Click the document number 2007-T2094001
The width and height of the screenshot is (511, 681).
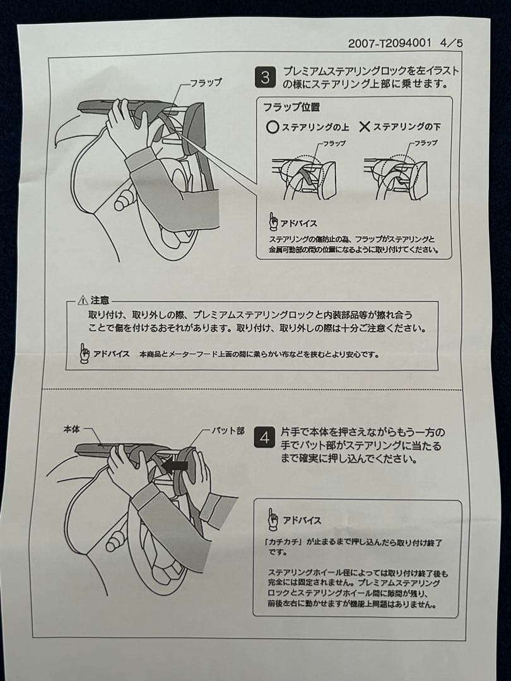(x=389, y=43)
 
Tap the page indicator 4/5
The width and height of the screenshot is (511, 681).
(x=452, y=43)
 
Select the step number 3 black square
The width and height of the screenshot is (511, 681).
(x=264, y=78)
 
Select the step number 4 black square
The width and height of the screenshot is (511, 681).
(x=264, y=438)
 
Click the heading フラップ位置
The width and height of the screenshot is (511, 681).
(x=291, y=107)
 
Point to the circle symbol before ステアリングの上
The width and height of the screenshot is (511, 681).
(x=273, y=127)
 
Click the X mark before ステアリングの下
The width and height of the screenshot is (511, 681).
(x=365, y=127)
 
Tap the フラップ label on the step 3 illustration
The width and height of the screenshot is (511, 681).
(x=206, y=82)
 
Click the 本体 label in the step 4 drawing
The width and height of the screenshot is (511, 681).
(x=72, y=429)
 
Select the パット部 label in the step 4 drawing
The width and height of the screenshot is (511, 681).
(x=228, y=431)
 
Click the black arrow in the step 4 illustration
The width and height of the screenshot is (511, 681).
(x=174, y=465)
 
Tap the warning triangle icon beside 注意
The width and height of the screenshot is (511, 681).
(x=83, y=301)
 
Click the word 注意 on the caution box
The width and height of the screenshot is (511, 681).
(x=100, y=301)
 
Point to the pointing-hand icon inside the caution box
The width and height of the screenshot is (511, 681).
(x=85, y=352)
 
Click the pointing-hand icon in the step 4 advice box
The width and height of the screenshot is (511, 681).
(x=273, y=519)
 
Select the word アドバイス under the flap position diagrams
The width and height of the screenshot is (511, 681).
(x=298, y=224)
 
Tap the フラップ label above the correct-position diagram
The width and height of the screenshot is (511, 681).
(x=334, y=143)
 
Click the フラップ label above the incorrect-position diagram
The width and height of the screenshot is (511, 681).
(x=425, y=143)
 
